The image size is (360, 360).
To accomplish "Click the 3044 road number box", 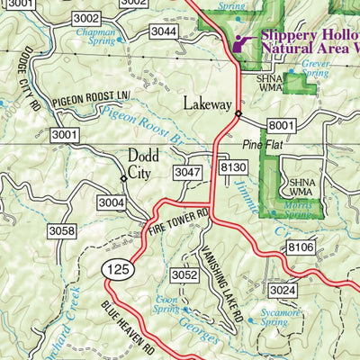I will tap(163, 31).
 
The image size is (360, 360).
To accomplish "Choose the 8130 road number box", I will tap(232, 167).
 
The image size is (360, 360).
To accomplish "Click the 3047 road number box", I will tap(187, 172).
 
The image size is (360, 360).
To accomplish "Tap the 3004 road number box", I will tap(112, 202).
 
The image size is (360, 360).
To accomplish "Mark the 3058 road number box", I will tap(62, 231).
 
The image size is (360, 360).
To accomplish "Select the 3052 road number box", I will tap(184, 274).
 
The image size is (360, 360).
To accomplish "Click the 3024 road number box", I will tap(282, 290).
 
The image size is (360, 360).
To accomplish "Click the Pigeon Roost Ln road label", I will tap(92, 100).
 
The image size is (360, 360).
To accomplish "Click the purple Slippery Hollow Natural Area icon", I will tap(241, 42).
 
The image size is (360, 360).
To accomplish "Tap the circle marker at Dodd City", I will tap(124, 179).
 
